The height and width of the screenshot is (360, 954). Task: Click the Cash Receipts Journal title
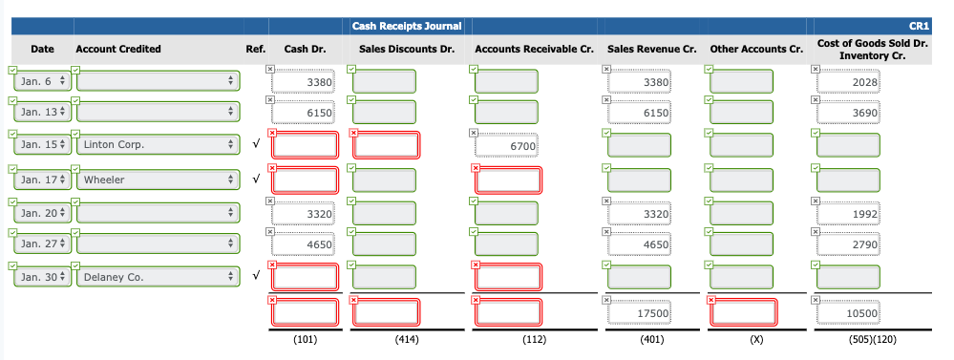(x=406, y=25)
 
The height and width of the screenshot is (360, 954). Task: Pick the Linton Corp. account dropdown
(x=155, y=145)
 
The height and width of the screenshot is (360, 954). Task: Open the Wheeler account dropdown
(x=155, y=180)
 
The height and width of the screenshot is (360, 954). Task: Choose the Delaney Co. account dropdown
(x=155, y=278)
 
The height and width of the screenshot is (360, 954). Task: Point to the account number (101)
(x=303, y=338)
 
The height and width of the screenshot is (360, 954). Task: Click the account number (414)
(x=385, y=338)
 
